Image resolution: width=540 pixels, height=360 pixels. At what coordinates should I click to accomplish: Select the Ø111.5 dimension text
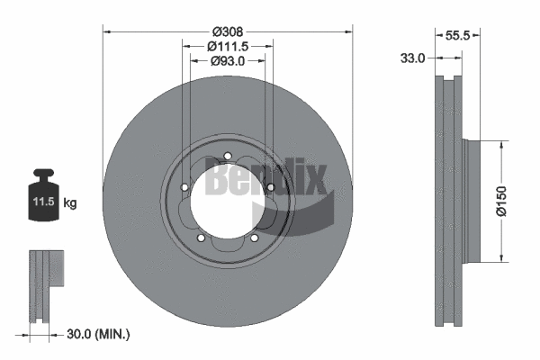pyautogui.click(x=227, y=45)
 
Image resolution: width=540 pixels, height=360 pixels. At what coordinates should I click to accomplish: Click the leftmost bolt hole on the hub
pyautogui.click(x=184, y=187)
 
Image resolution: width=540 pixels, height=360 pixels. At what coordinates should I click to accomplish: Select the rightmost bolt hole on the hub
pyautogui.click(x=270, y=187)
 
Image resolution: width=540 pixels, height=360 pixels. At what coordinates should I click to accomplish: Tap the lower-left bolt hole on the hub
pyautogui.click(x=202, y=238)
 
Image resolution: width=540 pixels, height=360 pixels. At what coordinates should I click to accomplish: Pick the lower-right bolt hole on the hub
pyautogui.click(x=254, y=238)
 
